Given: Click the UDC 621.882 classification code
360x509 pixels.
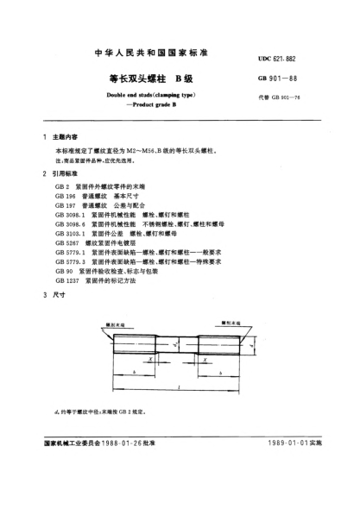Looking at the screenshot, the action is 301,57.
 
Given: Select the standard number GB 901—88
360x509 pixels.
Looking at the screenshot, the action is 301,79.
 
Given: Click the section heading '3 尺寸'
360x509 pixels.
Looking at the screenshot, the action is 53,296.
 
